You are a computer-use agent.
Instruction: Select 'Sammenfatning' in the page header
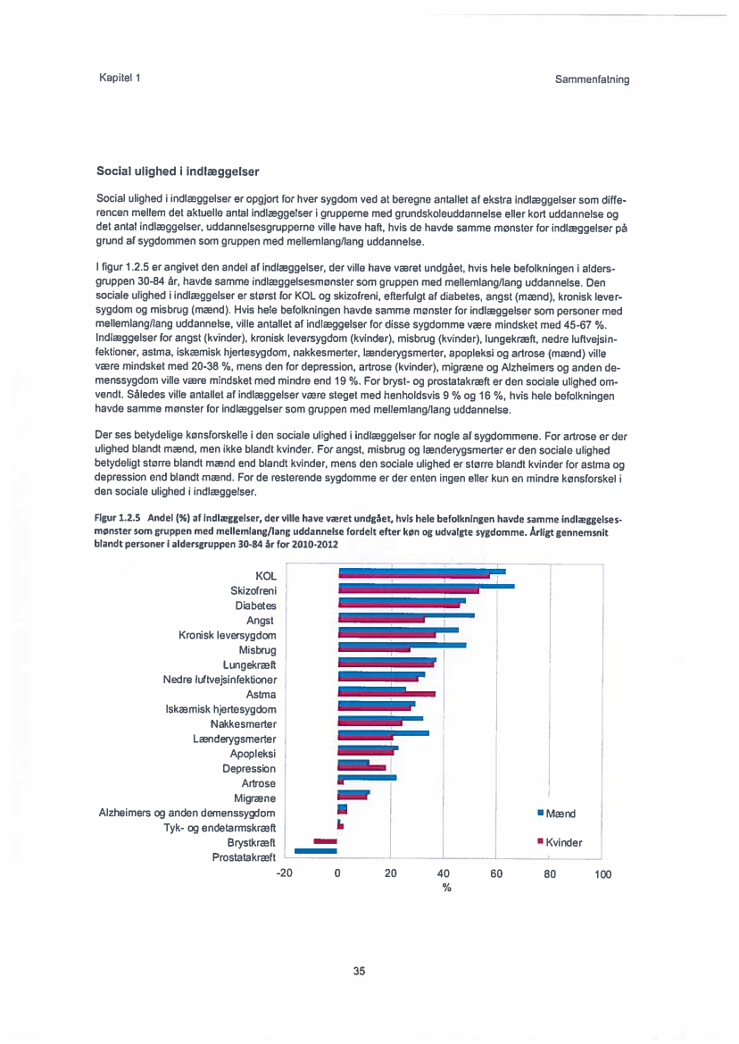click(592, 79)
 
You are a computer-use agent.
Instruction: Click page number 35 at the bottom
click(359, 971)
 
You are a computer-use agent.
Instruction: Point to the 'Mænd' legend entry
click(560, 813)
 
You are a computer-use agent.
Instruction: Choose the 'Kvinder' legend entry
click(563, 842)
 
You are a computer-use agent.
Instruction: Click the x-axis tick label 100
click(603, 874)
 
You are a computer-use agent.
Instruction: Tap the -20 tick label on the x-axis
click(285, 874)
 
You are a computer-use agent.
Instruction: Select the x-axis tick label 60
click(496, 874)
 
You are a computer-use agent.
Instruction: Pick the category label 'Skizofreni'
click(253, 591)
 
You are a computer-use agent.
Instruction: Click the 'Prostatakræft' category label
click(244, 857)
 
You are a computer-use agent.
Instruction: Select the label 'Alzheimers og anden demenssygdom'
click(187, 813)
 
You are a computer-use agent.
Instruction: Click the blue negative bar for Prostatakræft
click(316, 850)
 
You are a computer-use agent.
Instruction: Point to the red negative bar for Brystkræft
click(325, 840)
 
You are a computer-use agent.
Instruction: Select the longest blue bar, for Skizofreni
click(427, 586)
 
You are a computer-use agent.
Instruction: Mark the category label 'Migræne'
click(254, 798)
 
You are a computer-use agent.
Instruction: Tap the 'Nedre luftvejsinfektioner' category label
click(220, 680)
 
